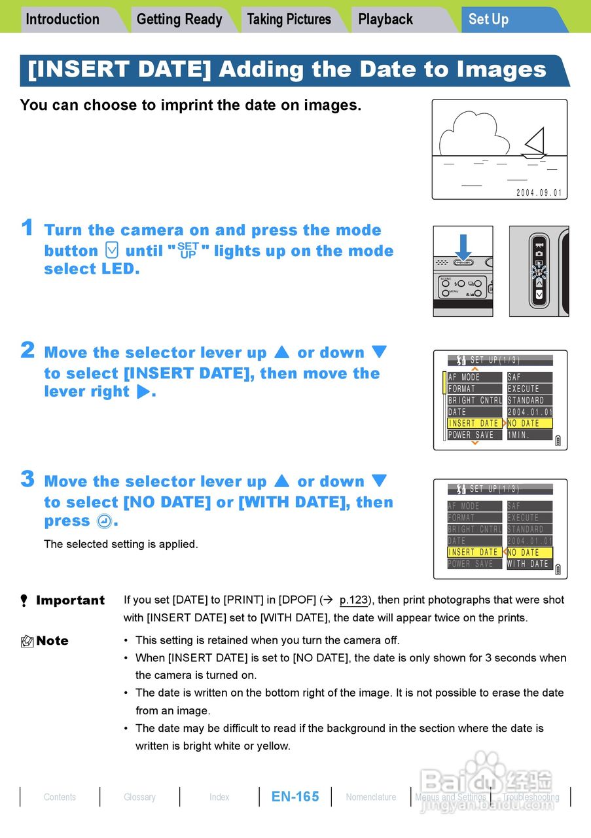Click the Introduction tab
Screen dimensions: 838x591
(x=63, y=20)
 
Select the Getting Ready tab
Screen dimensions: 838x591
(x=179, y=20)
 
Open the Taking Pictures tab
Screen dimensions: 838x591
(x=289, y=20)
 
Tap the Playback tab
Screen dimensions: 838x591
(x=385, y=20)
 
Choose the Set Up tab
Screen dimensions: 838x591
(x=489, y=20)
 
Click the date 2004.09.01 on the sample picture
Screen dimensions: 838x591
(x=539, y=193)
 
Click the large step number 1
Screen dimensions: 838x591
(x=27, y=228)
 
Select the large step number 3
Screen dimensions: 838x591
(x=27, y=479)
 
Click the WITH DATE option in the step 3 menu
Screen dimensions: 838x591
(x=529, y=564)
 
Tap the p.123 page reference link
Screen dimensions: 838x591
(x=353, y=600)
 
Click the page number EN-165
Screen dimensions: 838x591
(x=295, y=797)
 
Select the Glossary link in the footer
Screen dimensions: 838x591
(x=139, y=797)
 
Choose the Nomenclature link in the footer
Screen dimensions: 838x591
(x=371, y=797)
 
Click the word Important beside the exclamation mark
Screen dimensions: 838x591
(x=70, y=600)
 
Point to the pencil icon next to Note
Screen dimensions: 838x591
(x=27, y=642)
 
